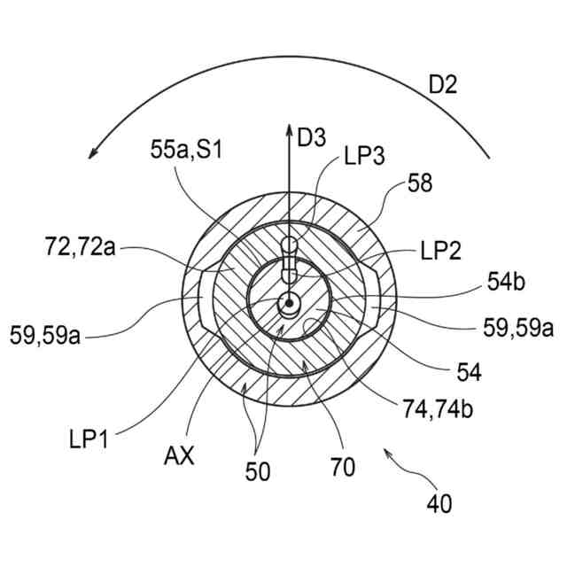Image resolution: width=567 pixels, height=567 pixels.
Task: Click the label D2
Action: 443,85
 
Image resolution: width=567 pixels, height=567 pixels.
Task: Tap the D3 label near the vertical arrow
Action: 311,138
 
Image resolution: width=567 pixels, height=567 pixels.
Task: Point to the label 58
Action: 420,183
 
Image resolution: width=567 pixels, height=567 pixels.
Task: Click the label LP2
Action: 441,250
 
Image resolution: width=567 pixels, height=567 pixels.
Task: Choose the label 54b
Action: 506,282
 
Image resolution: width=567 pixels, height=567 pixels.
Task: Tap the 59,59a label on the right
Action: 517,328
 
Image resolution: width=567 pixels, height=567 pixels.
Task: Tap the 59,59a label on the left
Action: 45,335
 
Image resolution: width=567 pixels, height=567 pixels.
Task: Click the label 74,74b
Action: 438,409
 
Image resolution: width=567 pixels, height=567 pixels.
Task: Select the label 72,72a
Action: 80,246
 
